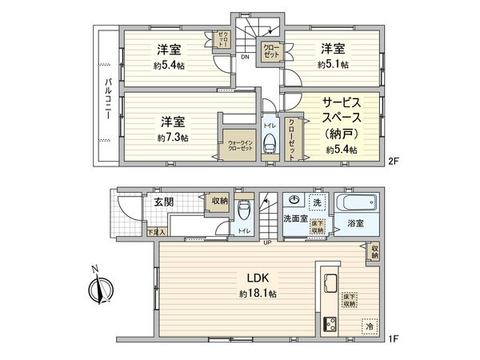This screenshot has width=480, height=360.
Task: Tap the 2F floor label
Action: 393,161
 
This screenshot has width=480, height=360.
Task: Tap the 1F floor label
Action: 393,338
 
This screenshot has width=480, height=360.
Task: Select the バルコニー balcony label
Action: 106,98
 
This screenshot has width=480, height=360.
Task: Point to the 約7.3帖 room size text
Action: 173,138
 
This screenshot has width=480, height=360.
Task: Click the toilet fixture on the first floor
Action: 246,211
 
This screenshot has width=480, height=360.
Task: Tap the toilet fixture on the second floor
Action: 270,145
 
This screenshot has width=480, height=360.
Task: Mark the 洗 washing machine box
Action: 317,201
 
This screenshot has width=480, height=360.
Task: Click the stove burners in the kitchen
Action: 329,325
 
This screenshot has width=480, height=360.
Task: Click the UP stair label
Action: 267,242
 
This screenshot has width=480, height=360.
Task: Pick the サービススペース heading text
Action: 342,114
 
